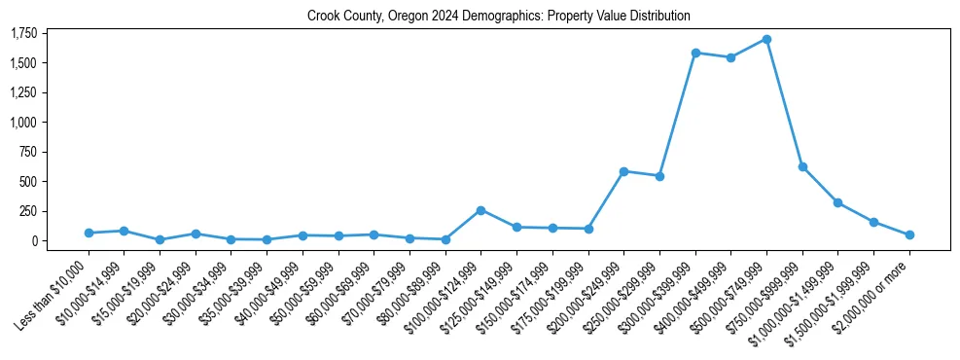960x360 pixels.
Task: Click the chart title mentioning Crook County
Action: (x=498, y=16)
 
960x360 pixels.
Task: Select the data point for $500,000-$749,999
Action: (x=766, y=39)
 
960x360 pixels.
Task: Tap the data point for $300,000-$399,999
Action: (x=695, y=53)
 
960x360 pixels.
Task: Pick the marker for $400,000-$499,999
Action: (x=730, y=57)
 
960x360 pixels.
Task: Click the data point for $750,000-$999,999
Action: (x=802, y=166)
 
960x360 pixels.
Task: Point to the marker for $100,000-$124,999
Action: (x=480, y=210)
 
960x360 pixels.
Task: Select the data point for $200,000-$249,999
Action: (x=623, y=171)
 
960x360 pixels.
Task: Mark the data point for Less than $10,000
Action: (x=89, y=233)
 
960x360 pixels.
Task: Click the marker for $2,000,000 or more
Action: (x=909, y=234)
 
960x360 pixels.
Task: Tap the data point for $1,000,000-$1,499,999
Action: (x=837, y=202)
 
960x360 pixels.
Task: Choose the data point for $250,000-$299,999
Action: (x=659, y=176)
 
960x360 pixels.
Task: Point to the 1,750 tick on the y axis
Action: (x=23, y=34)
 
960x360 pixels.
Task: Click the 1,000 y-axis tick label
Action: (x=23, y=123)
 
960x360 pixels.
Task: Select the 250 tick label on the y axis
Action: (x=29, y=211)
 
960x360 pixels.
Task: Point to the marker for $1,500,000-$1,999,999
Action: (x=873, y=222)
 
